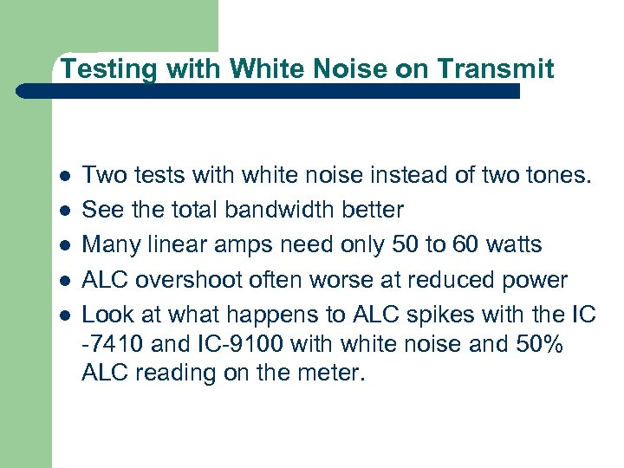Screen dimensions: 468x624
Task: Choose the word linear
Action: [165, 245]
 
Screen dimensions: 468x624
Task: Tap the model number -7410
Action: [114, 344]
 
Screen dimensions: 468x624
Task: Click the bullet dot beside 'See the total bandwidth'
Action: [66, 211]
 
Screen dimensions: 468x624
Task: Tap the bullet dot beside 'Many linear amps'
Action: [66, 246]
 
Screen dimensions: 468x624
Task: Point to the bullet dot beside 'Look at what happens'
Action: [66, 315]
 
